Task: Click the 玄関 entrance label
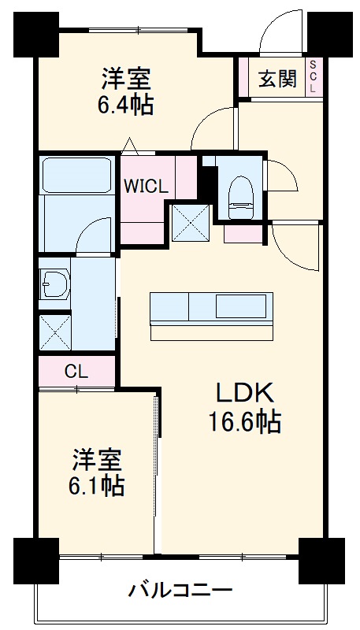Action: pyautogui.click(x=277, y=79)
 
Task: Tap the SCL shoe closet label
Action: pyautogui.click(x=314, y=78)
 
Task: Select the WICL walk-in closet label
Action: pyautogui.click(x=144, y=187)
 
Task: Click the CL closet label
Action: pyautogui.click(x=76, y=370)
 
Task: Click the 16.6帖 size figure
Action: pyautogui.click(x=244, y=423)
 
